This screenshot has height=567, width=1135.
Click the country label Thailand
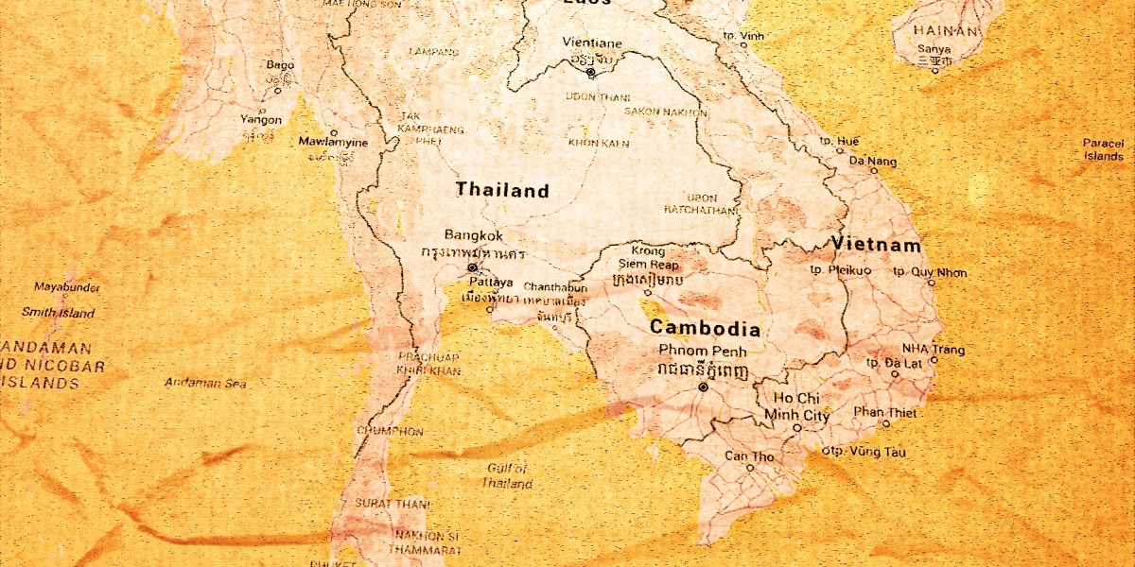(x=501, y=190)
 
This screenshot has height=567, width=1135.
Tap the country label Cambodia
(x=705, y=329)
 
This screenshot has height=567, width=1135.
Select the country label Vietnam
(x=876, y=245)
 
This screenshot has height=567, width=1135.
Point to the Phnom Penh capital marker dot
(x=703, y=387)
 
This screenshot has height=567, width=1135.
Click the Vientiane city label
(x=592, y=43)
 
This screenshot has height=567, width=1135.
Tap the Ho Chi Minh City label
(x=796, y=406)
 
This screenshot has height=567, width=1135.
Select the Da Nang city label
(x=871, y=162)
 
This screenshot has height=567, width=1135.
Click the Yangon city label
(x=261, y=120)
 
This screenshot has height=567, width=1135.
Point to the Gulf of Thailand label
(x=507, y=475)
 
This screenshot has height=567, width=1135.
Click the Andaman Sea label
(x=205, y=383)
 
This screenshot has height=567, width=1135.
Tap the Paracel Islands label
(x=1103, y=149)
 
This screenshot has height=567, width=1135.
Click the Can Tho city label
(x=749, y=456)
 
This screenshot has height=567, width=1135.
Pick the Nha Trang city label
(x=933, y=349)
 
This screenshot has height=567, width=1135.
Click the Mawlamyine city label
(x=333, y=142)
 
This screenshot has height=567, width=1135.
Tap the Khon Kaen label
(x=598, y=143)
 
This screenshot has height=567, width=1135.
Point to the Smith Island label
(x=59, y=313)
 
